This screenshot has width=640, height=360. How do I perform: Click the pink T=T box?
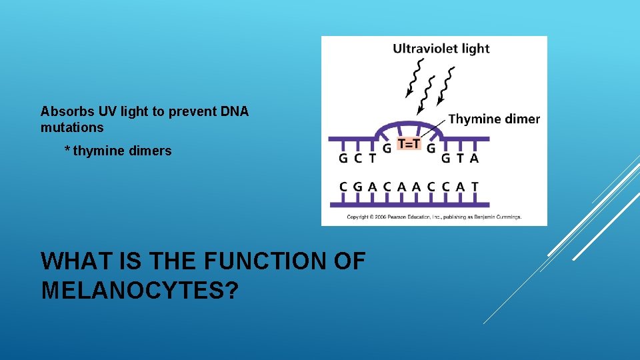tap(409, 143)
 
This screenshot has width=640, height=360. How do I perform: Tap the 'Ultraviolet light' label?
tap(441, 49)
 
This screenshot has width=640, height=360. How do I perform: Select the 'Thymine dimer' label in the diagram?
tap(494, 119)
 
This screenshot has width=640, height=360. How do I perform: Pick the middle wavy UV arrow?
tap(427, 93)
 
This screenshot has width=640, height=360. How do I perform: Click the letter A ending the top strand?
tap(474, 159)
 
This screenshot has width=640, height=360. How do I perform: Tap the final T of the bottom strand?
tap(475, 187)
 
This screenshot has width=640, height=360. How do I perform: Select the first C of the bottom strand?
tap(343, 187)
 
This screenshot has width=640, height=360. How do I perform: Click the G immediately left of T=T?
tap(387, 148)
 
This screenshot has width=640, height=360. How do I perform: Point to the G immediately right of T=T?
tap(431, 148)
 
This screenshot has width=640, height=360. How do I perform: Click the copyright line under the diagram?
tap(433, 217)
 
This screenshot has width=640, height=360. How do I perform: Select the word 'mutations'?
tap(72, 127)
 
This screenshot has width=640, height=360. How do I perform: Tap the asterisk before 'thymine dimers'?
tap(67, 151)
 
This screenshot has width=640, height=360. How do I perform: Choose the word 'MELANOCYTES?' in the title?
tap(139, 291)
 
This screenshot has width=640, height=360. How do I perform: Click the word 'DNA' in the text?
tap(235, 112)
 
